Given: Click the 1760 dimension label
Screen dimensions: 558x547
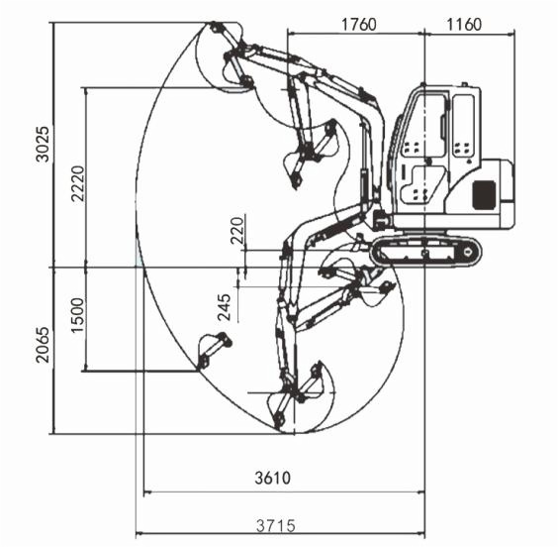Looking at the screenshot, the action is point(358,25).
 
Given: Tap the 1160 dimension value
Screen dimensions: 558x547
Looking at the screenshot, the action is point(464,25).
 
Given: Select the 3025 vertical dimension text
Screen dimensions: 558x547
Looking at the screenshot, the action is point(44,144).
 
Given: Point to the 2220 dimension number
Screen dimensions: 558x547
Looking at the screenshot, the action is point(78,183).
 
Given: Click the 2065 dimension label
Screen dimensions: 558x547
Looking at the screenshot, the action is point(44,345).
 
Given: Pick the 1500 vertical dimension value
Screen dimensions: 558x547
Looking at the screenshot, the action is point(78,315).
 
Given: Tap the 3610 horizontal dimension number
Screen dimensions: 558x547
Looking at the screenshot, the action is point(273,478).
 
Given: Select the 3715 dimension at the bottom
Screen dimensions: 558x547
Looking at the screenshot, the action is point(276,525).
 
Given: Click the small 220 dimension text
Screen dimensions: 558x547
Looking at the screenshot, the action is point(237,230).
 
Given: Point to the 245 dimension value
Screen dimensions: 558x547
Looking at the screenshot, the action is point(225,307).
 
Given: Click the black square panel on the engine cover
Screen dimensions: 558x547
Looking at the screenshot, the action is point(484,194).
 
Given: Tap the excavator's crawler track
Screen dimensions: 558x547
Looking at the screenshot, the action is point(426,252).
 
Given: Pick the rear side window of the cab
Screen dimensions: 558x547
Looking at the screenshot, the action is point(464,125).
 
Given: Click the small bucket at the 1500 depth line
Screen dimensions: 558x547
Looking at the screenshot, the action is point(214,351).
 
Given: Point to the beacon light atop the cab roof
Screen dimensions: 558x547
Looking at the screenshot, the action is point(464,84).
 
